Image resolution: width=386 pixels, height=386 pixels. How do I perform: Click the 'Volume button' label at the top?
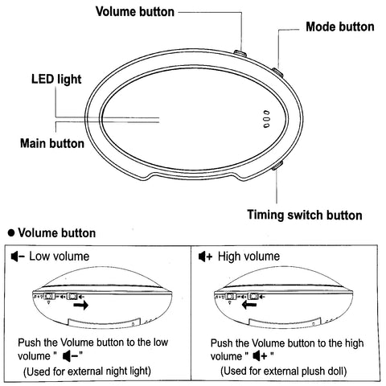pos(135,12)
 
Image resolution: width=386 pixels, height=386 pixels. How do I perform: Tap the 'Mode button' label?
pos(340,27)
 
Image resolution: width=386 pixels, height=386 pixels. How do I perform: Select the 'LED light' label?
pos(56,80)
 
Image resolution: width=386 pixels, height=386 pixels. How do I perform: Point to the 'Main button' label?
pos(52,143)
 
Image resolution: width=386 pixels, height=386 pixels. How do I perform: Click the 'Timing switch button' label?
pos(305,215)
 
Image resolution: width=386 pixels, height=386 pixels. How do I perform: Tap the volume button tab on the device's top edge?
pos(240,53)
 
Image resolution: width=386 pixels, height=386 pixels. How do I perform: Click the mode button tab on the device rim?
pos(277,72)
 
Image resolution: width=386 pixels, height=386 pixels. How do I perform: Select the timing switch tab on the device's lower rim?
pos(277,166)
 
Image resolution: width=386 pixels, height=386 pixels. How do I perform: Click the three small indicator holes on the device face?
pos(266,119)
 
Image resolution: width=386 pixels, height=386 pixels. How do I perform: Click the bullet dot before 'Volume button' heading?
pos(11,232)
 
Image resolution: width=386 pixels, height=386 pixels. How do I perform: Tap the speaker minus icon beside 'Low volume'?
pos(18,257)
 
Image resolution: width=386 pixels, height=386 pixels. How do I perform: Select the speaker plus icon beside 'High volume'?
pos(205,257)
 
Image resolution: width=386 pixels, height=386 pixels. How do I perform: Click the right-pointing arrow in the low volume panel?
pos(81,305)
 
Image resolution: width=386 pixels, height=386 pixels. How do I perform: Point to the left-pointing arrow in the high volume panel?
pos(249,304)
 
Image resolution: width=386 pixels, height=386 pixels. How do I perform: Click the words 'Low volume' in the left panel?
pos(60,257)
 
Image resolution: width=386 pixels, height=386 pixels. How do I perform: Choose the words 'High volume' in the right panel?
pos(248,257)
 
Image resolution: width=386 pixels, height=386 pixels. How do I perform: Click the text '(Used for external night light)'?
pos(87,372)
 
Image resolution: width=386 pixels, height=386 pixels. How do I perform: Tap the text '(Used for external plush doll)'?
pos(284,372)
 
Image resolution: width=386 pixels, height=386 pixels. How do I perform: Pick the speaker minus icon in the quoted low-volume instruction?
pos(71,356)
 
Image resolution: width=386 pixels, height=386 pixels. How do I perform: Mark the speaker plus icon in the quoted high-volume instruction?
pos(261,356)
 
